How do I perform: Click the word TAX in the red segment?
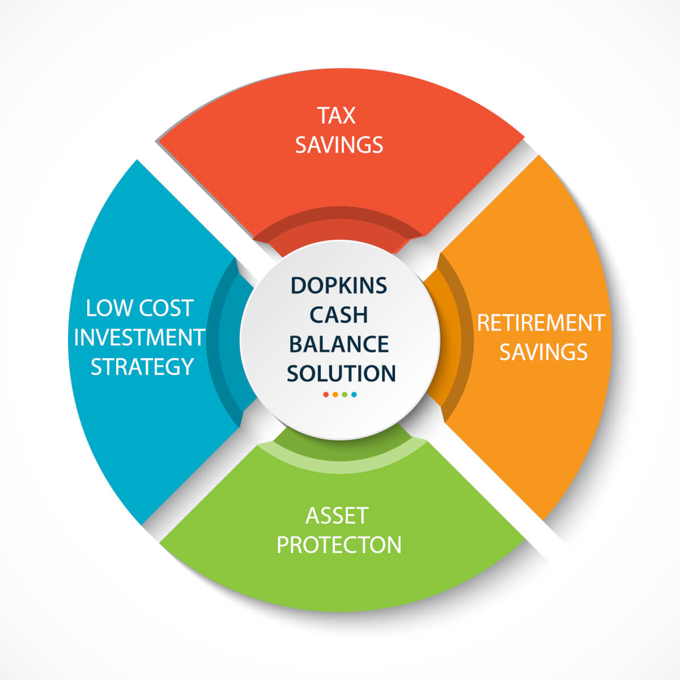pos(336,116)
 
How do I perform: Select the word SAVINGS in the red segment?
pos(339,144)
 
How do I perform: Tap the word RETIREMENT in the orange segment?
pos(541,322)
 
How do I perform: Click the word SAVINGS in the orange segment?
pos(543,352)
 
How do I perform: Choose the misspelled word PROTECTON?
pos(339,545)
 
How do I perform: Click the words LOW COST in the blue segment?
pos(140,308)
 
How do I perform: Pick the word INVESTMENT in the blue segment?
pos(139,337)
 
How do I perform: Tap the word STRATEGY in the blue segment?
pos(142,367)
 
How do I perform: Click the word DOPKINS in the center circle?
pos(339,286)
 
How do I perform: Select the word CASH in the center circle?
pos(339,314)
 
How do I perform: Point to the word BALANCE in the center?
pos(339,344)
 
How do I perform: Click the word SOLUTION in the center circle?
pos(341,373)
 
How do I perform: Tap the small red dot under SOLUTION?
pos(326,394)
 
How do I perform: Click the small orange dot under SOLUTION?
pos(335,394)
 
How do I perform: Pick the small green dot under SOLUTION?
pos(345,394)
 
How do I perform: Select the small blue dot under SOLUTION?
pos(354,394)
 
